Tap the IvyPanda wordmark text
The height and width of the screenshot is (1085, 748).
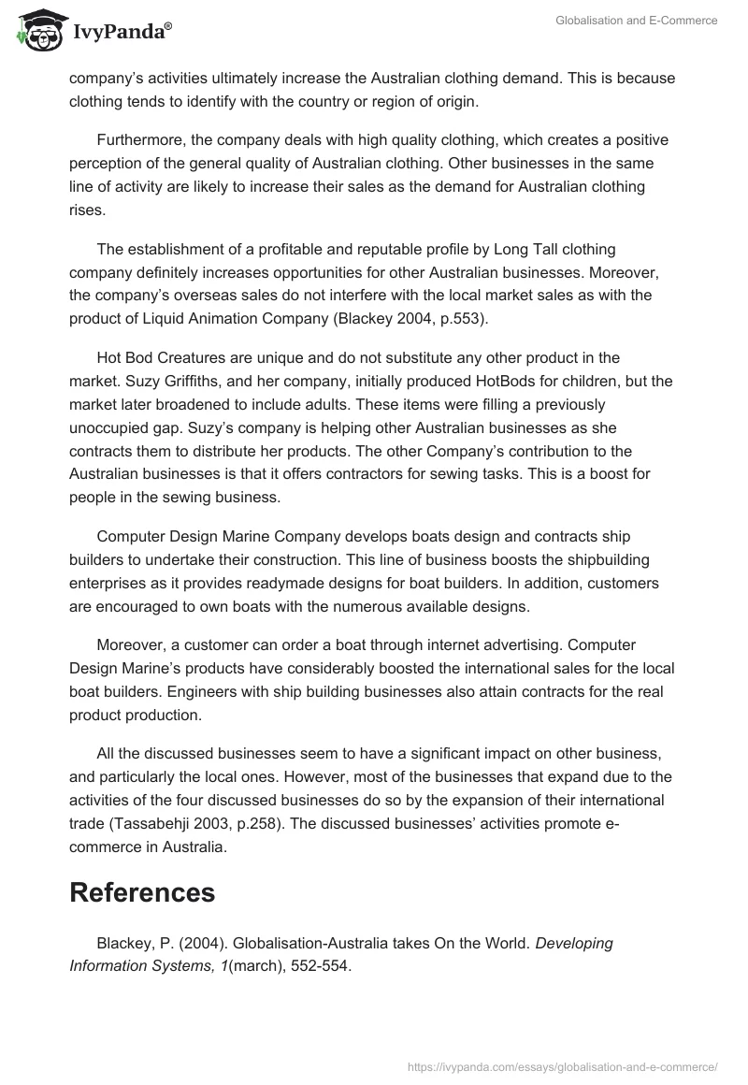click(x=120, y=34)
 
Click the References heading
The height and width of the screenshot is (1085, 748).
click(x=142, y=892)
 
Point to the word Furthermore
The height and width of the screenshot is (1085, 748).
click(x=139, y=140)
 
